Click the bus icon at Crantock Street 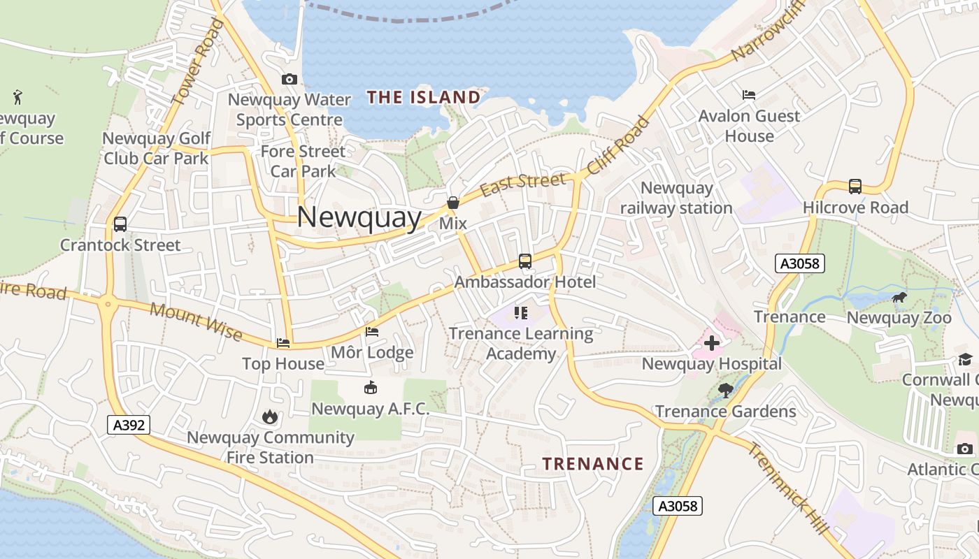[x=120, y=224]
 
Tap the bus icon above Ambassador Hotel [x=524, y=261]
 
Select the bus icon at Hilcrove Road [x=855, y=187]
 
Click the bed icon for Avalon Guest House [x=749, y=94]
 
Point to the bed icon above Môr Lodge [x=372, y=331]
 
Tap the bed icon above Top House [x=283, y=342]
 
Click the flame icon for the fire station [x=270, y=417]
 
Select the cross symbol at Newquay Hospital [x=712, y=343]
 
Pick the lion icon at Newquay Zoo [x=899, y=298]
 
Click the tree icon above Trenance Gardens [x=725, y=390]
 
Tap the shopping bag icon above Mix [x=453, y=203]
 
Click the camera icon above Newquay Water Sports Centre [x=289, y=80]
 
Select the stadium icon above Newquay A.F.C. [x=370, y=388]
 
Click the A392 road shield [x=129, y=424]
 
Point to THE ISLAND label [x=424, y=97]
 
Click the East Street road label [x=523, y=184]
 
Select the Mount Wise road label [x=196, y=322]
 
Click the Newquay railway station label [x=676, y=198]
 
